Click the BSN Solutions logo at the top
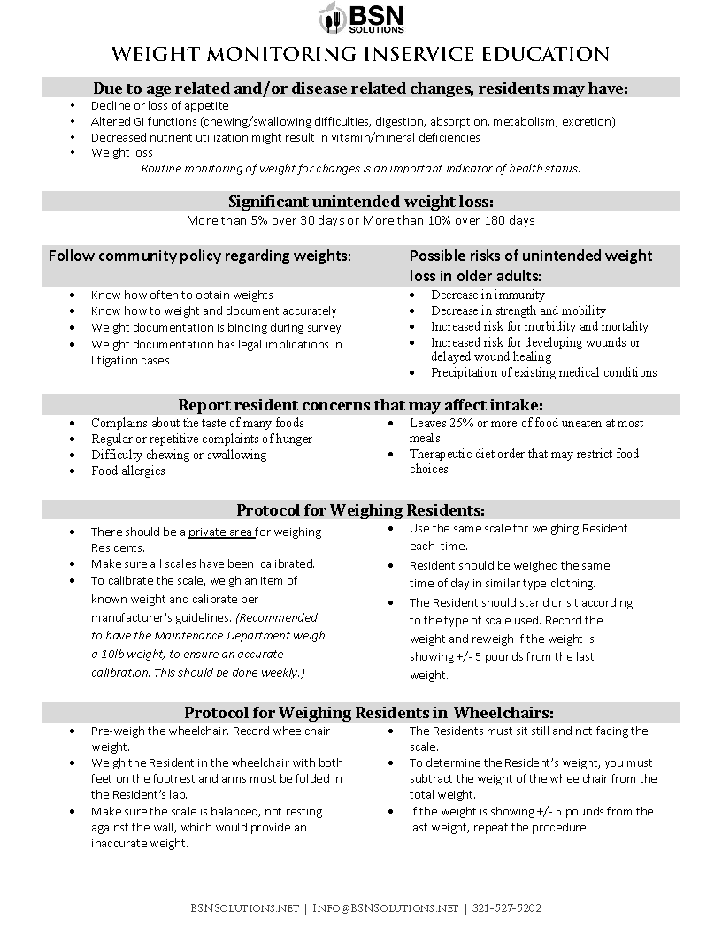(x=360, y=18)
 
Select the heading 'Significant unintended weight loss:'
(x=360, y=201)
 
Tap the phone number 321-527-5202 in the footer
(x=507, y=907)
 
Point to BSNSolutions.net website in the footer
(x=244, y=907)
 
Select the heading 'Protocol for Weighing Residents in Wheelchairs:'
(x=369, y=713)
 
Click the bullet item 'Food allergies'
(x=128, y=471)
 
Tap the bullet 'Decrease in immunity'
(x=488, y=295)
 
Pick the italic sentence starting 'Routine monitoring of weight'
(x=360, y=168)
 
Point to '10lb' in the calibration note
(x=111, y=654)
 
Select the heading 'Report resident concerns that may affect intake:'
(x=360, y=404)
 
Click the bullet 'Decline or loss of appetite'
(x=159, y=105)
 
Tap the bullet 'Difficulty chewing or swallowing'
(x=178, y=455)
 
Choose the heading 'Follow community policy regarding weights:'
(x=199, y=256)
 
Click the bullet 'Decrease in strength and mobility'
(x=518, y=310)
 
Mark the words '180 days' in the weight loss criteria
(x=509, y=219)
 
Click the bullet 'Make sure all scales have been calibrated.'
(x=203, y=563)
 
